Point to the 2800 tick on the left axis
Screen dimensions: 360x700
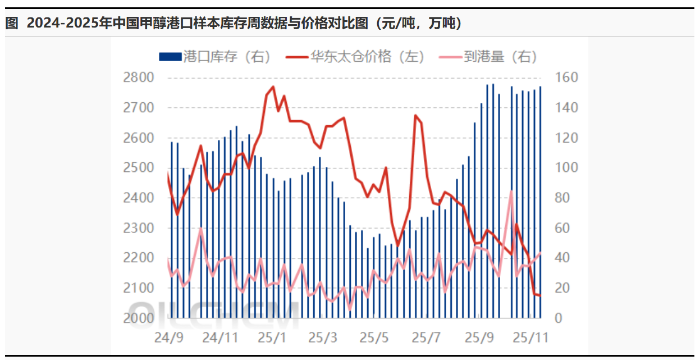[138, 78]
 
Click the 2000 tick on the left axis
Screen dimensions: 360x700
[138, 318]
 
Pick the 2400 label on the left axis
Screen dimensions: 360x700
[138, 198]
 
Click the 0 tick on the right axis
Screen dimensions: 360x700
[558, 318]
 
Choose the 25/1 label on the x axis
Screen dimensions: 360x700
[272, 338]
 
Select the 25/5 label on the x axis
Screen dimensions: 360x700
[374, 338]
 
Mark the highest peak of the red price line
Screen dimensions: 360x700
[273, 86]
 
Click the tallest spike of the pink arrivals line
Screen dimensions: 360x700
[511, 192]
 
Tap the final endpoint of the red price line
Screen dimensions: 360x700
[540, 295]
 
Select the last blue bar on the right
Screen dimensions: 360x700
[541, 202]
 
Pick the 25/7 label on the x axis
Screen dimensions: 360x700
[426, 338]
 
